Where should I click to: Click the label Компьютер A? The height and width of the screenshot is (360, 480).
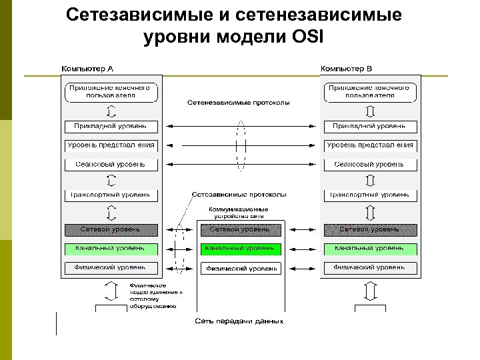coord(87,69)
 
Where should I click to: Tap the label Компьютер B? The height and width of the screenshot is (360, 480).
coord(347,69)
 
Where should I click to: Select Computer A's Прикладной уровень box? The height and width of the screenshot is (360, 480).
coord(111,126)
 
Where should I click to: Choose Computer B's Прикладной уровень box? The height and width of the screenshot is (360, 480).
coord(371,126)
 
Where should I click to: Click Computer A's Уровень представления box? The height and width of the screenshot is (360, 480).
coord(111,145)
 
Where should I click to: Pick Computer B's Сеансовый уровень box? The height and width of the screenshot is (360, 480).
coord(371,163)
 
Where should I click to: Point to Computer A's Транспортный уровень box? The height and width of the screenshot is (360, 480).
coord(111,195)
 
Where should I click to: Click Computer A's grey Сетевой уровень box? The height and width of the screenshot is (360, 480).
coord(111,229)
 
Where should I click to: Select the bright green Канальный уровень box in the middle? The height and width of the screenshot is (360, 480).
coord(241,249)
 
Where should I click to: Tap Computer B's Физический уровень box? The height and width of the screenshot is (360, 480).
coord(371,268)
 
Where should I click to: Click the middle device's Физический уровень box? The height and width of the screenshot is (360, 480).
coord(241,268)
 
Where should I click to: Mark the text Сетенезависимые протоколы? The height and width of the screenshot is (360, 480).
coord(238,103)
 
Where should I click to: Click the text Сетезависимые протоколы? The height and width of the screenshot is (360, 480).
coord(239,195)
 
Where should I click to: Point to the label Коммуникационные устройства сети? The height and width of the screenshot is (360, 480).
coord(239,212)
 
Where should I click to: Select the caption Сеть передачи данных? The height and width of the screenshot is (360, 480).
coord(239,321)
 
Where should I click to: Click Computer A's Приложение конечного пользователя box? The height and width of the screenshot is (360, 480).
coord(111,91)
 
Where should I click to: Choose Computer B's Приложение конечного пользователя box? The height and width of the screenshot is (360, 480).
coord(371,91)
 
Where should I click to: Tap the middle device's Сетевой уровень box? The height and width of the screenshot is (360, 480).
coord(241,229)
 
